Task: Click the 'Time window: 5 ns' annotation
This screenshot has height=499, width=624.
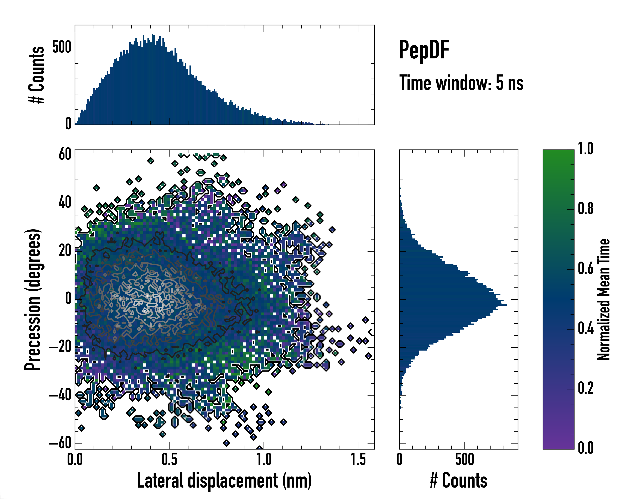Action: tap(461, 83)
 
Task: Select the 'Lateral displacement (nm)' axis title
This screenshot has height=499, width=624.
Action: tap(224, 480)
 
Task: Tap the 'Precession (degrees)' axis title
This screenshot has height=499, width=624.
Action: tap(33, 299)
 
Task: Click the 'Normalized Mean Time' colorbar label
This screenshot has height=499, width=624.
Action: tap(603, 299)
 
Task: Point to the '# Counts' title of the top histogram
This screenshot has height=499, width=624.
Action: tap(36, 75)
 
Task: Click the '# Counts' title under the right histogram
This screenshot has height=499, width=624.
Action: tap(458, 480)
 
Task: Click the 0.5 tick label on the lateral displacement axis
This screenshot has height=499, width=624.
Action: tap(169, 460)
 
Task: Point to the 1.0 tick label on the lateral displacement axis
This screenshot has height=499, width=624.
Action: tap(264, 460)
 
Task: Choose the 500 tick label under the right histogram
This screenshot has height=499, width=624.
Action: tap(464, 460)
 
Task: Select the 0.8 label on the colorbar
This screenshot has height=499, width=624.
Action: tap(586, 209)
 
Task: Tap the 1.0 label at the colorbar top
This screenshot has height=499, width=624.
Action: tap(586, 149)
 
